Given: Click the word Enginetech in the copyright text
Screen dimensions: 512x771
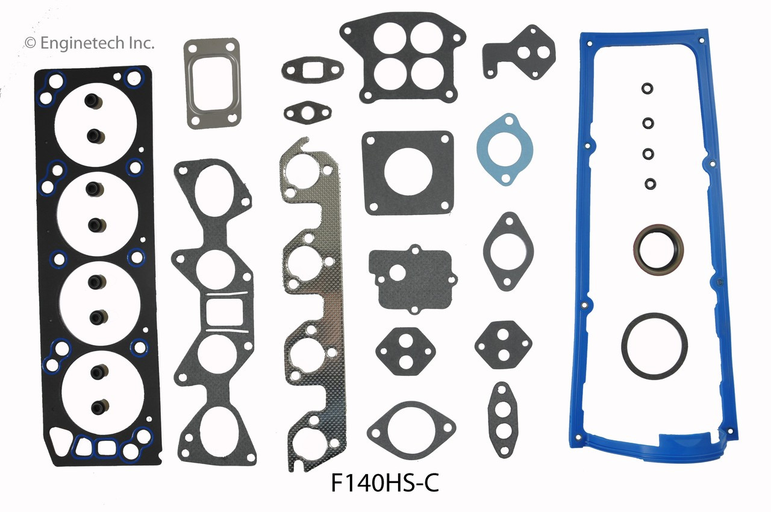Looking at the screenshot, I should click(84, 42).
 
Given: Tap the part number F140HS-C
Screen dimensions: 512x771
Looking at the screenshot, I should click(385, 484).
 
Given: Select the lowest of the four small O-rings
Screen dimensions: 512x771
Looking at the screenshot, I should click(651, 183).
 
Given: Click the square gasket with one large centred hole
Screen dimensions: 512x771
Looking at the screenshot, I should click(408, 171).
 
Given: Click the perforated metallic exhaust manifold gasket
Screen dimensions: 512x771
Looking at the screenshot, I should click(313, 301).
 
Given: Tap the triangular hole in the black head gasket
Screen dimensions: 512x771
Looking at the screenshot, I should click(60, 439).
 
